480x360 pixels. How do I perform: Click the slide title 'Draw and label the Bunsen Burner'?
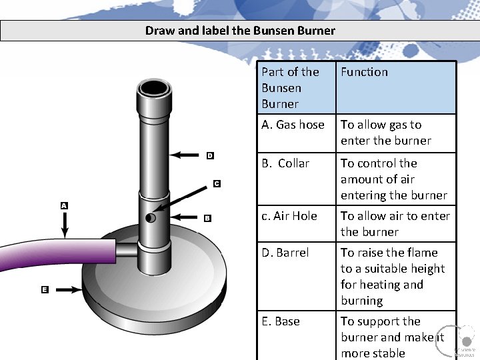pos(240,31)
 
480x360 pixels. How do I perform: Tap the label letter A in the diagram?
pos(64,206)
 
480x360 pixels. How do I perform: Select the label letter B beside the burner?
pos(207,218)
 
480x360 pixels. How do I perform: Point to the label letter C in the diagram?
pos(217,183)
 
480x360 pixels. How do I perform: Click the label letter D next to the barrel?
pos(210,155)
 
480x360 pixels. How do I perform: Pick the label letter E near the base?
pos(45,290)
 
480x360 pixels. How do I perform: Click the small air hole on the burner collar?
pos(151,218)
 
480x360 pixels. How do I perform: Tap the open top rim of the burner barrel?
pos(153,87)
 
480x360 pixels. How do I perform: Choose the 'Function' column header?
pos(364,72)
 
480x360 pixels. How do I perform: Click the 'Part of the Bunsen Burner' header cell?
pos(291,88)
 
